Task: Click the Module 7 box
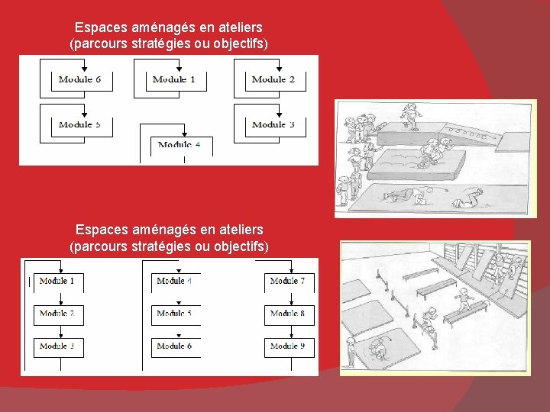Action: point(289,282)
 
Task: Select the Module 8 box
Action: point(289,314)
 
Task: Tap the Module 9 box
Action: point(289,346)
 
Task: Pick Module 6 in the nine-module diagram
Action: point(175,346)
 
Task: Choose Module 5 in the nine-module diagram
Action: point(175,314)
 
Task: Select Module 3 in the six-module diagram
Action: point(273,124)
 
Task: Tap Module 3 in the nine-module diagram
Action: point(58,346)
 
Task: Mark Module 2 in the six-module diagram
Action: point(273,79)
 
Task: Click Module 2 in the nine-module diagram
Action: point(58,314)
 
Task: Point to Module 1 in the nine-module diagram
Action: point(58,282)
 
